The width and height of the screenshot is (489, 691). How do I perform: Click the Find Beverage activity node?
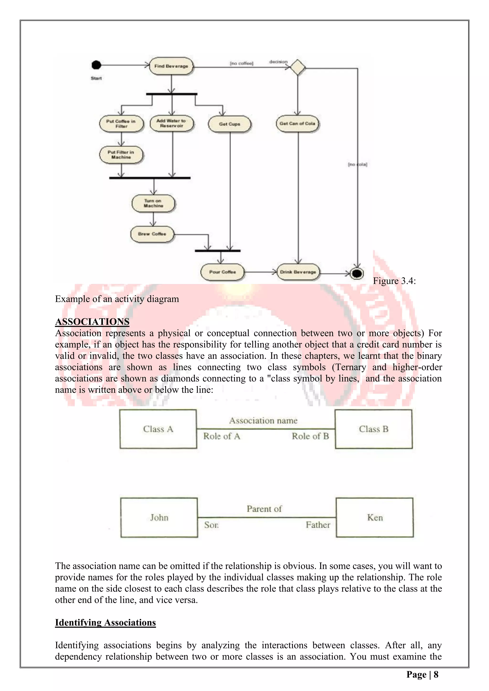(x=171, y=66)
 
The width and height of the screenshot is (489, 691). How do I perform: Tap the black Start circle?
(x=96, y=65)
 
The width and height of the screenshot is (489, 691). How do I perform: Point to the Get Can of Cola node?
(x=298, y=124)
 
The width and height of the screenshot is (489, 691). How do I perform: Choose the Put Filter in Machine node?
(x=121, y=155)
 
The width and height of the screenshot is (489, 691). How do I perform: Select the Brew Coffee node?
(x=152, y=234)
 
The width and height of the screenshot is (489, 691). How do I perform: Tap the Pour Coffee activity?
(x=222, y=272)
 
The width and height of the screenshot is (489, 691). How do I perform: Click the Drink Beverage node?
(x=298, y=272)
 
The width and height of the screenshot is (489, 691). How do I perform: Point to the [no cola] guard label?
(x=357, y=164)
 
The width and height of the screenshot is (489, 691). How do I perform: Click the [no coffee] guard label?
(x=241, y=63)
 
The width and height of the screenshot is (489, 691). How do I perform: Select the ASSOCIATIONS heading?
(x=92, y=322)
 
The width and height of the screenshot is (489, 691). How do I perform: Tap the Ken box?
(x=375, y=518)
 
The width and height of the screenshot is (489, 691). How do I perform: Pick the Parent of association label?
(x=264, y=509)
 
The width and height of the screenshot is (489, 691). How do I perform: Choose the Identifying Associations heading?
(x=105, y=622)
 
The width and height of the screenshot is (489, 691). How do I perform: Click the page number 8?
(x=436, y=675)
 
